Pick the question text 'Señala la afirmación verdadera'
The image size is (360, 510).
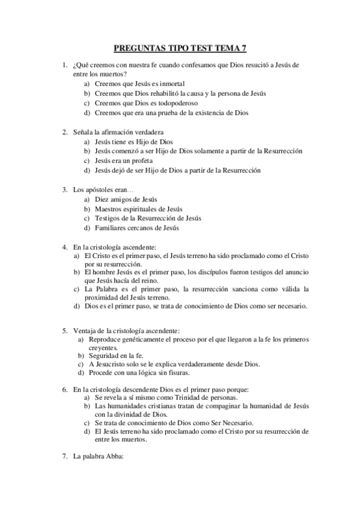pyautogui.click(x=118, y=132)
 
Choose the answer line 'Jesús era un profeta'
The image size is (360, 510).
pyautogui.click(x=124, y=161)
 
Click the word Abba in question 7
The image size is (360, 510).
pyautogui.click(x=112, y=456)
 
